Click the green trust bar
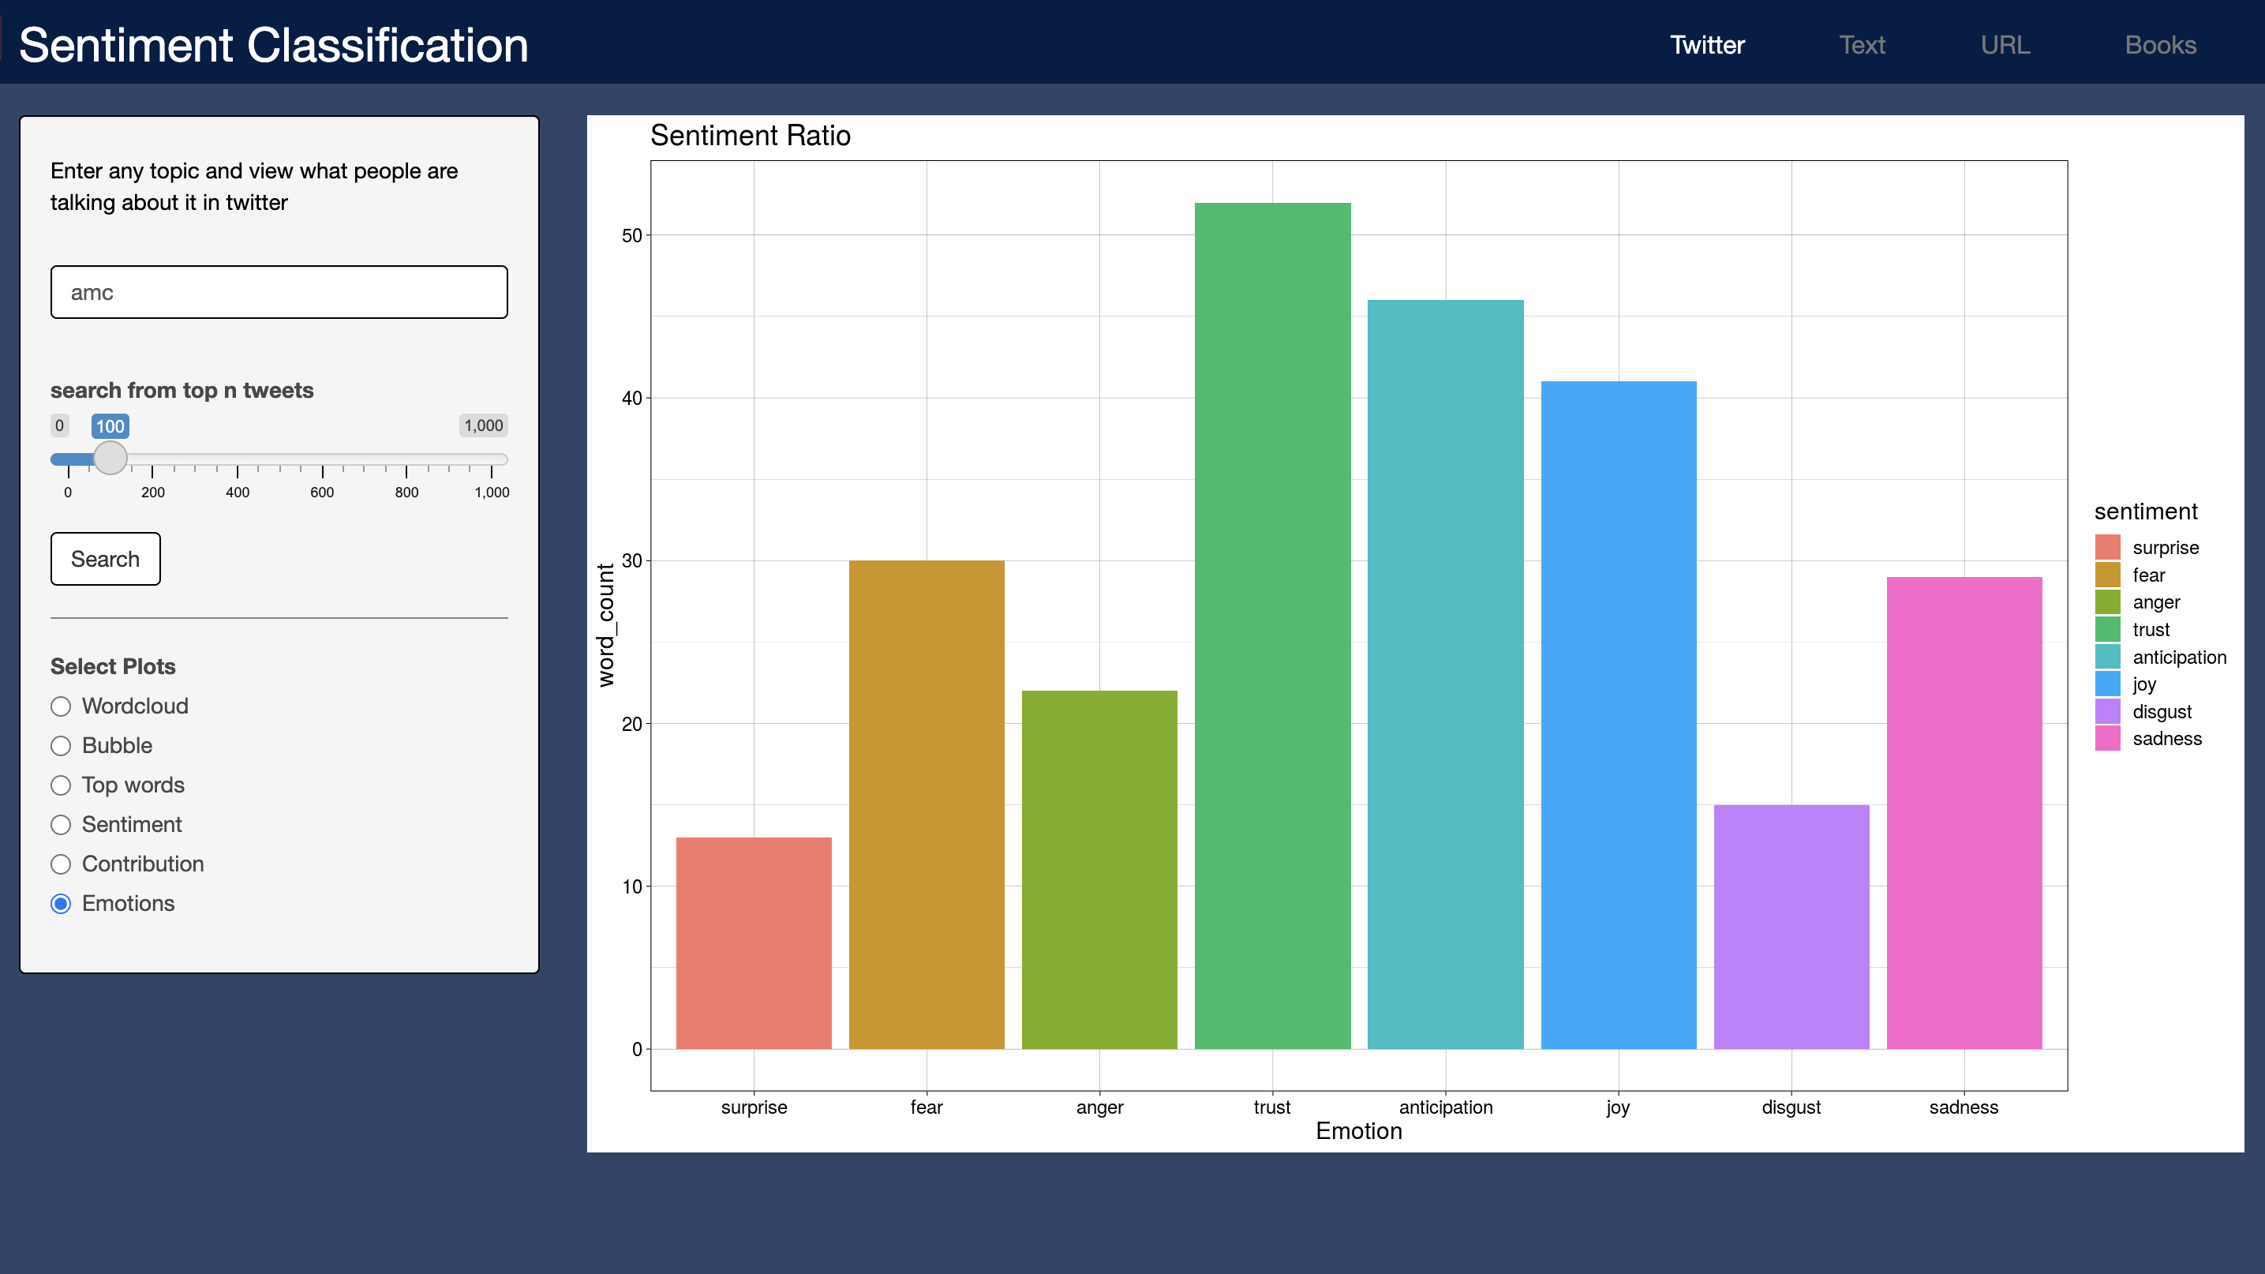[x=1271, y=625]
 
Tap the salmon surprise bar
[x=754, y=942]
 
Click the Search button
[x=106, y=559]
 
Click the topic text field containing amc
[x=279, y=292]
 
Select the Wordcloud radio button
[x=61, y=706]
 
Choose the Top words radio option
[x=61, y=785]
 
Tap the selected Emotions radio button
[x=61, y=904]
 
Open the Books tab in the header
[x=2159, y=45]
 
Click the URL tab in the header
[x=2005, y=45]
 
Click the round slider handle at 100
[x=110, y=458]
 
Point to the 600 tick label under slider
[x=322, y=493]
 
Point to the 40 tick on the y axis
[x=631, y=399]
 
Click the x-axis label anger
[x=1099, y=1107]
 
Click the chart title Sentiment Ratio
[x=750, y=136]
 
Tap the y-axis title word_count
[x=606, y=625]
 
